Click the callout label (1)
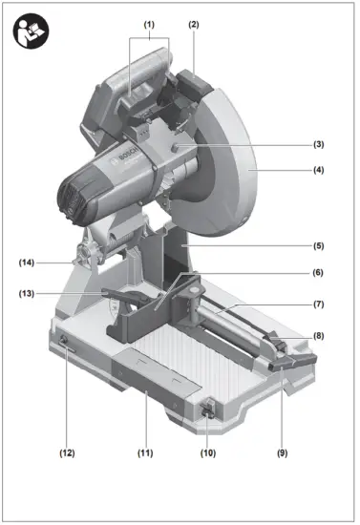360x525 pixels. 149,23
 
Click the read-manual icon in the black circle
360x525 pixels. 32,31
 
